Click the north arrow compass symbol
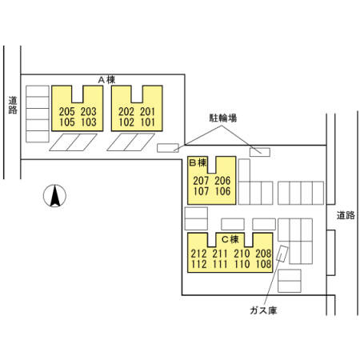[x=54, y=196]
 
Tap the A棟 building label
[x=106, y=80]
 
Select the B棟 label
[x=198, y=162]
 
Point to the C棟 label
[x=230, y=239]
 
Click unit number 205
[x=67, y=112]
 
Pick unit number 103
[x=89, y=122]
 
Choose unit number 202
[x=126, y=112]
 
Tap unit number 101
[x=147, y=122]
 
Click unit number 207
[x=201, y=181]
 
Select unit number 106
[x=222, y=191]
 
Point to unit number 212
[x=198, y=254]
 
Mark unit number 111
[x=220, y=264]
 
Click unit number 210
[x=242, y=254]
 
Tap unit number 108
[x=263, y=264]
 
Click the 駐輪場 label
[x=223, y=118]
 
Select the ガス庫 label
[x=263, y=310]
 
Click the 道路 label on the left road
[x=13, y=105]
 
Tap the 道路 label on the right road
[x=346, y=215]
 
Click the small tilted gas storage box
[x=282, y=254]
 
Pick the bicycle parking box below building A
[x=168, y=148]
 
